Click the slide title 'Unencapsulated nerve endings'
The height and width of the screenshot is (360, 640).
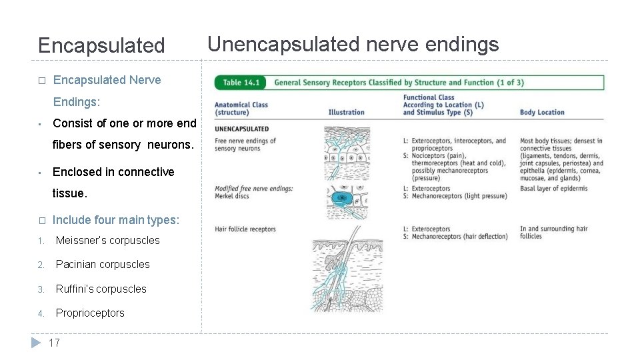tap(353, 45)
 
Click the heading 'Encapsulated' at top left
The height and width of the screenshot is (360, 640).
tap(101, 46)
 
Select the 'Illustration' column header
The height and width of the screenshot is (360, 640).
tap(346, 112)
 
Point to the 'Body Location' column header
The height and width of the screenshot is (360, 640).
tap(541, 112)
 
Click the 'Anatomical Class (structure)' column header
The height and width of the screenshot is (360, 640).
tap(241, 108)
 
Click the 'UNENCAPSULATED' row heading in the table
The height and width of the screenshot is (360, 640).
tap(241, 129)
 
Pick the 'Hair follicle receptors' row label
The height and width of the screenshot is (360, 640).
tap(245, 229)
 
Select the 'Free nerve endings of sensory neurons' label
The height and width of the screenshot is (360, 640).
tap(245, 144)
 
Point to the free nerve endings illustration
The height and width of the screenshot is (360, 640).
tap(346, 153)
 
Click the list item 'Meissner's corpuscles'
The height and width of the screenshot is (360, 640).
tap(107, 240)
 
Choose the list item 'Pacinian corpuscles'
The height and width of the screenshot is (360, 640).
tap(103, 265)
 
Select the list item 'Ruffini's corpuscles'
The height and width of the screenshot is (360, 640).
tap(101, 289)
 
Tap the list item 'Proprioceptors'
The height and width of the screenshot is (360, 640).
tap(90, 313)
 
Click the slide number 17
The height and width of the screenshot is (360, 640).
tap(54, 343)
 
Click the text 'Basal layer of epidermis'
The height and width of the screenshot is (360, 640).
tap(553, 189)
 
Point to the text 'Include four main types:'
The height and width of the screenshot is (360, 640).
tap(116, 220)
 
